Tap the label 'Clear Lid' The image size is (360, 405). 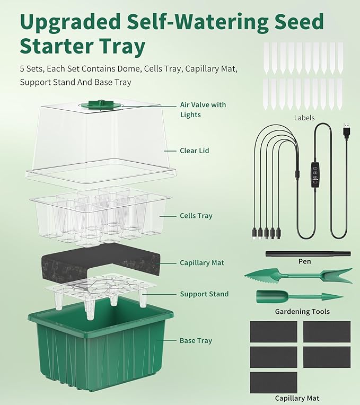coord(195,151)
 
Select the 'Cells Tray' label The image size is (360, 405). coord(196,216)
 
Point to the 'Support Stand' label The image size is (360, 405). coord(204,294)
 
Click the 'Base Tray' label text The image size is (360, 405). coord(196,341)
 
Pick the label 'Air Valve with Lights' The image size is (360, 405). coord(203,110)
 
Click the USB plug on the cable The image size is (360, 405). coord(346,128)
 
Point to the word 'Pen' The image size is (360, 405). coord(305,261)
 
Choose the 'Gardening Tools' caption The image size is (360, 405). coord(302,312)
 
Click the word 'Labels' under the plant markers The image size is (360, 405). coord(304,118)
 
